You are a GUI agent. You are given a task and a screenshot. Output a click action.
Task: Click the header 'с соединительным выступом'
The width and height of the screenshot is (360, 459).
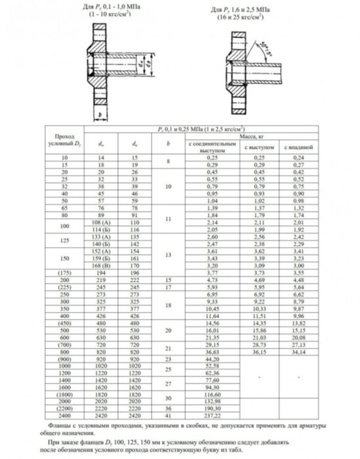pyautogui.click(x=212, y=147)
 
